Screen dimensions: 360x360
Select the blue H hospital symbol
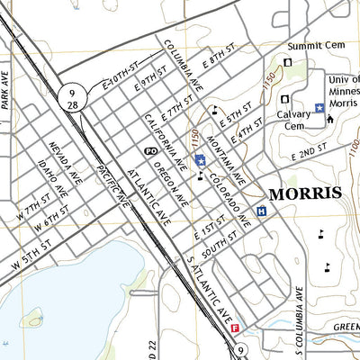click(x=261, y=211)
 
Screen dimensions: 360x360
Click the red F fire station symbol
click(x=236, y=328)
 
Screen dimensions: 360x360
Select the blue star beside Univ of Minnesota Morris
click(x=319, y=108)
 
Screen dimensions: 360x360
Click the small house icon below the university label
click(x=329, y=120)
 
